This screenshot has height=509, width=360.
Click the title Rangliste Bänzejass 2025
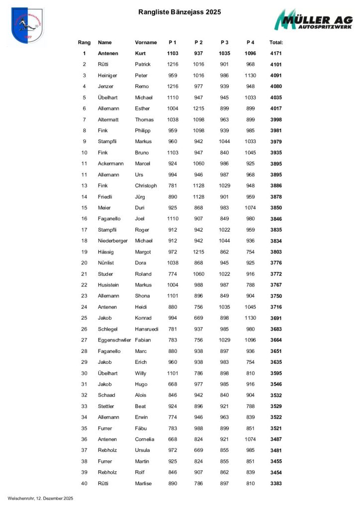180,12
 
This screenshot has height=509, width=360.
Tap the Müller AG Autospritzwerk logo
314,21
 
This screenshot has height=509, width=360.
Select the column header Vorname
146,42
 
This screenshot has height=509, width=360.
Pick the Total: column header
276,42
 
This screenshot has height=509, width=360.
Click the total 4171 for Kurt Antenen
276,53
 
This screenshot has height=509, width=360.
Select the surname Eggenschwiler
114,340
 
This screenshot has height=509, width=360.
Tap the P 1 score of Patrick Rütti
173,64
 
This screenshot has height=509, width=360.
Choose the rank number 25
84,318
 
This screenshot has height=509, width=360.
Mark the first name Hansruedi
147,329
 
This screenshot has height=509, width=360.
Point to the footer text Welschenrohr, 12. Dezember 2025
40,498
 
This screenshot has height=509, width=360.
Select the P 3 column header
224,42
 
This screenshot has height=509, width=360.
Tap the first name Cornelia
145,439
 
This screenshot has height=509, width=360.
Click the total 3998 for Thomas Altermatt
276,119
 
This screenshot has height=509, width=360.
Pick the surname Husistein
109,285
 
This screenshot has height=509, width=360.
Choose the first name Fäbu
141,428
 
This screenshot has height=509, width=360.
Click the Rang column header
84,42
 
